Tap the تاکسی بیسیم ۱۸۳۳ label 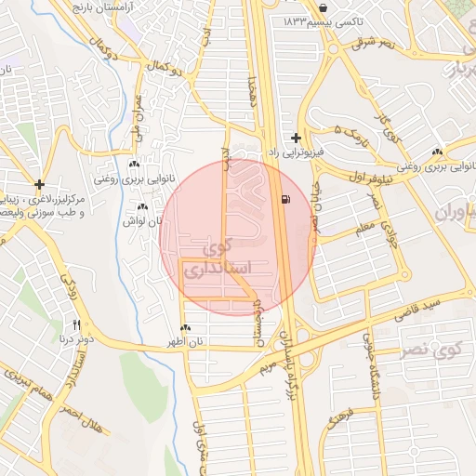point(318,20)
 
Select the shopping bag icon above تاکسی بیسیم point(322,6)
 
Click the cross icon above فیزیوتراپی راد point(297,138)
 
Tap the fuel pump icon point(284,199)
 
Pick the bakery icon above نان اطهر point(186,328)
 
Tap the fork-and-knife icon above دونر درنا point(77,325)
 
